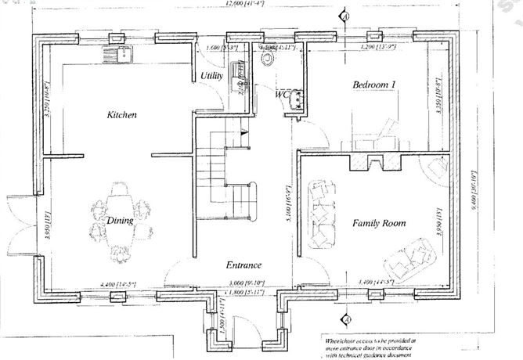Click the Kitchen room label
click(122, 115)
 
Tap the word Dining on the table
click(121, 221)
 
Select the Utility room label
click(212, 76)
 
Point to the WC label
click(282, 94)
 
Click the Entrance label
click(243, 265)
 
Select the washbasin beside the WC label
click(298, 97)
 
